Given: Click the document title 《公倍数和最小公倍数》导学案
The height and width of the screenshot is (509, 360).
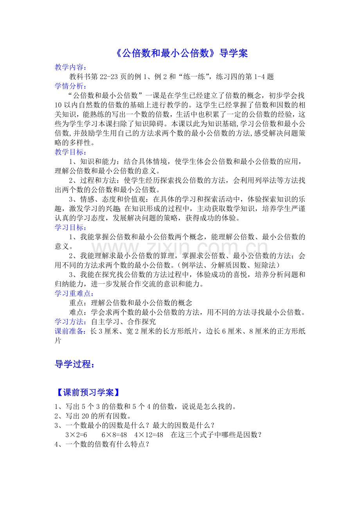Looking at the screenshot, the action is (x=182, y=53).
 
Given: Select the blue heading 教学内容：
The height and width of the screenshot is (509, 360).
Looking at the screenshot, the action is (x=71, y=67).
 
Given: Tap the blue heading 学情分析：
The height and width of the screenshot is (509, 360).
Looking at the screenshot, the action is (x=71, y=86).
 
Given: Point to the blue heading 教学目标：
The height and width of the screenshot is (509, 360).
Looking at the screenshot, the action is (x=71, y=152).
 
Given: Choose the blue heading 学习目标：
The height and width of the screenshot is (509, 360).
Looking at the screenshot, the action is (x=71, y=227).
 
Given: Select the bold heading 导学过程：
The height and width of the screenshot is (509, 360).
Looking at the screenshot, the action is (x=74, y=365).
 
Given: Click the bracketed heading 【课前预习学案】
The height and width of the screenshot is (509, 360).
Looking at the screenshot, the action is (x=87, y=392).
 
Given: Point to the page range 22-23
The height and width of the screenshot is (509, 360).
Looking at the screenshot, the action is (x=110, y=77).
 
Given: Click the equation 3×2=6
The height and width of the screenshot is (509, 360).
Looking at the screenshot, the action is (x=76, y=435).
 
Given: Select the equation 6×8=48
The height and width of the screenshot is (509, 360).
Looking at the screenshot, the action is (x=112, y=435).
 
